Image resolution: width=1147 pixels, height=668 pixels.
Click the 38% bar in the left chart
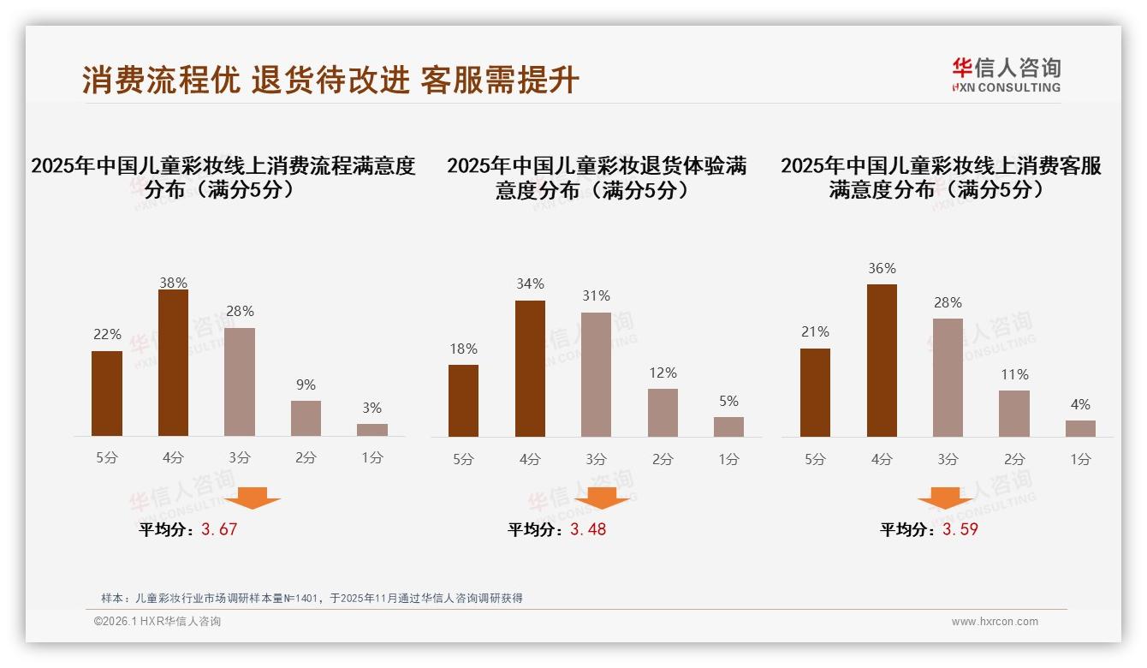[x=173, y=363]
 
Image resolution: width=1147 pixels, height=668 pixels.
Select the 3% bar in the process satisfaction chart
[x=372, y=430]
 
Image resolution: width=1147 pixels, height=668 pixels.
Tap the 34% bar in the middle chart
[x=530, y=368]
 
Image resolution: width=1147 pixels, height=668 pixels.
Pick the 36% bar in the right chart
[x=882, y=361]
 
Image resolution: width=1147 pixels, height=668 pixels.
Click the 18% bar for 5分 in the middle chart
[x=463, y=401]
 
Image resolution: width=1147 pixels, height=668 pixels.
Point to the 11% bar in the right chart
[x=1014, y=414]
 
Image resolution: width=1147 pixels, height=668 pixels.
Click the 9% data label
[x=306, y=385]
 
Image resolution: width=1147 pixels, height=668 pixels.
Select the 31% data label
[x=596, y=296]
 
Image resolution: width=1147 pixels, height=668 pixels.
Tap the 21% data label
[x=815, y=332]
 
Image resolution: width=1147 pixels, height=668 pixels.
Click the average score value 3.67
[x=219, y=529]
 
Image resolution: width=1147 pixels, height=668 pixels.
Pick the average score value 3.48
[x=588, y=529]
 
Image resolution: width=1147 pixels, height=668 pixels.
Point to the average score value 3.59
[x=960, y=529]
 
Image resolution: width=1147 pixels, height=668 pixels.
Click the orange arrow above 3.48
[x=602, y=498]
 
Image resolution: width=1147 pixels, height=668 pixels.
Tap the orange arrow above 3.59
[x=945, y=498]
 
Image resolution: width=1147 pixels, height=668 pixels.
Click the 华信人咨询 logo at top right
[x=1006, y=75]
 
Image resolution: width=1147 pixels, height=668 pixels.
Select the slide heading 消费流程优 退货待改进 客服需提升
[x=330, y=80]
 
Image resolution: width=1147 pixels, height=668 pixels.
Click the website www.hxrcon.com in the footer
[x=995, y=622]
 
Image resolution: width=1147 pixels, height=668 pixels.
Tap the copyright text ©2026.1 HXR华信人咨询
[x=157, y=622]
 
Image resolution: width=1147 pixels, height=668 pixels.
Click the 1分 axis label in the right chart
[x=1080, y=460]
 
